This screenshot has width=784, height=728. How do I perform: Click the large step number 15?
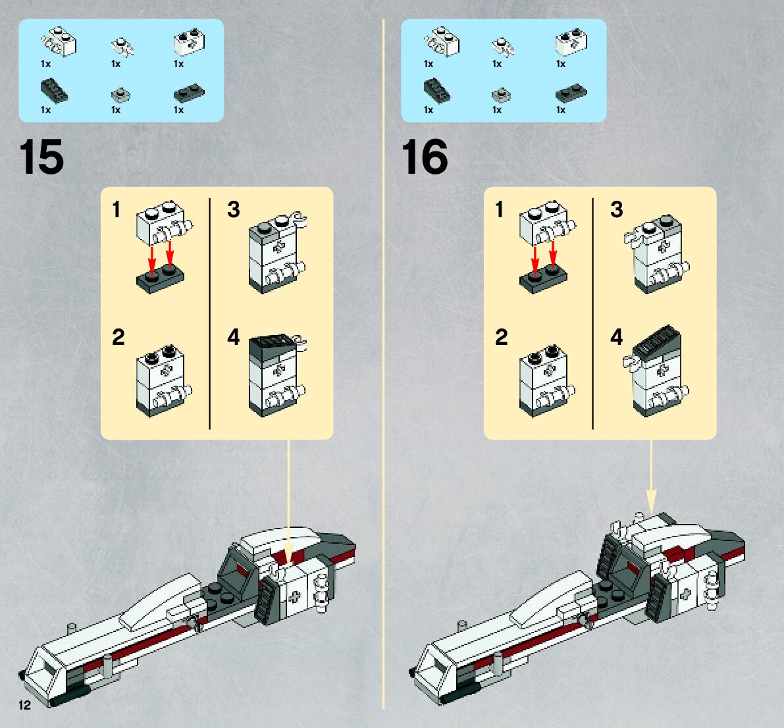(x=41, y=157)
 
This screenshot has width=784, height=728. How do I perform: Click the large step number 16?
(x=425, y=157)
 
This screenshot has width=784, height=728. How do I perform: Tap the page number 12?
(x=25, y=706)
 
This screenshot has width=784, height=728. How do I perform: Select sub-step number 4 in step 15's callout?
(x=234, y=337)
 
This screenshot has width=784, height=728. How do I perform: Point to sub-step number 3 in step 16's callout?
(x=616, y=209)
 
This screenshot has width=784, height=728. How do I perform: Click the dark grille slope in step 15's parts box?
(x=53, y=91)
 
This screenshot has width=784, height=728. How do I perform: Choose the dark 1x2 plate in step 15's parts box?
(x=188, y=94)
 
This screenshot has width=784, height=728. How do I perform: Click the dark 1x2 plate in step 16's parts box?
(x=571, y=93)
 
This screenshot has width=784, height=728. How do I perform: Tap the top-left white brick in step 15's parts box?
(x=60, y=42)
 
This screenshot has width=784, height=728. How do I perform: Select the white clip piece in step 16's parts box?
(x=502, y=46)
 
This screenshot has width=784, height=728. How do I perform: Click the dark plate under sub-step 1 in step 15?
(x=160, y=280)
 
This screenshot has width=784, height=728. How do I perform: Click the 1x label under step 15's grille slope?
(x=45, y=110)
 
